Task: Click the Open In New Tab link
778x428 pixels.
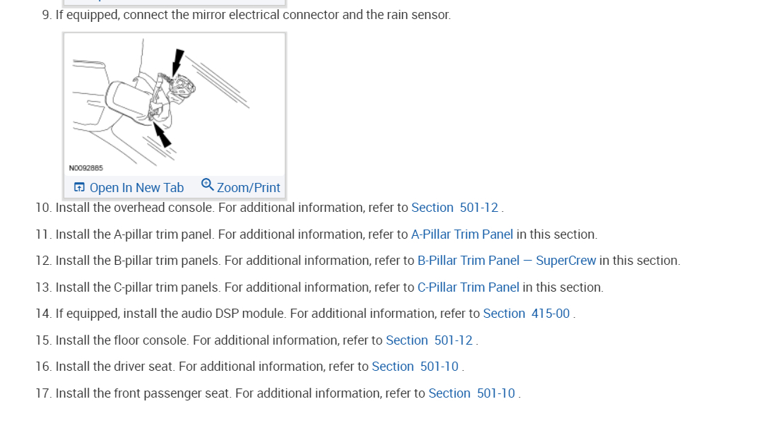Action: coord(136,188)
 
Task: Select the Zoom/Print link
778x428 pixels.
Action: coord(248,188)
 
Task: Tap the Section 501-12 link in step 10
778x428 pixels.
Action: coord(454,208)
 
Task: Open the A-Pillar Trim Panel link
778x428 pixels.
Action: coord(462,234)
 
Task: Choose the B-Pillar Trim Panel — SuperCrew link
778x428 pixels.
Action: coord(507,261)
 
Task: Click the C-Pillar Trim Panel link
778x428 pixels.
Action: coord(468,287)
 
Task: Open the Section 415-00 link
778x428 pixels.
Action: coord(526,314)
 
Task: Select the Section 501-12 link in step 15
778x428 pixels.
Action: coord(429,340)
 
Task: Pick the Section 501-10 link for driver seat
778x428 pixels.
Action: coord(415,367)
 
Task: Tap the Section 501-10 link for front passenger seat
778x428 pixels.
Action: coord(471,393)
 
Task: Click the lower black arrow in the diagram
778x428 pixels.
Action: coord(162,135)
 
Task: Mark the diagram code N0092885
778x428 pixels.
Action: coord(86,168)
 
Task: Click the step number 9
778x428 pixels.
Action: coord(47,15)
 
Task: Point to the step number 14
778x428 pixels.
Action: coord(42,314)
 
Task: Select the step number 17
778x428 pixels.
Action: coord(42,393)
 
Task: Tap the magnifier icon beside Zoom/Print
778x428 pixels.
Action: coord(208,185)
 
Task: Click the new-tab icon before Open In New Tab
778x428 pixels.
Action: coord(79,188)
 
